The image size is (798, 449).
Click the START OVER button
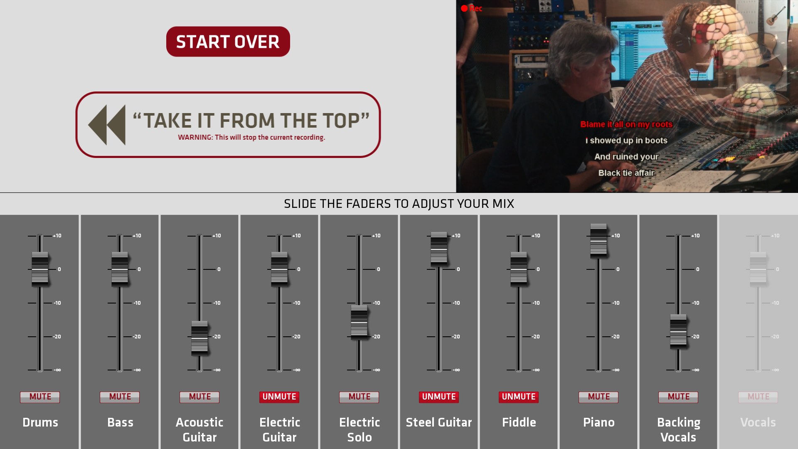(228, 42)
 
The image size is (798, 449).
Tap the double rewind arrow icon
(107, 125)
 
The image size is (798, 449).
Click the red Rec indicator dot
(464, 8)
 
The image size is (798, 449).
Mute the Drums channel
(40, 397)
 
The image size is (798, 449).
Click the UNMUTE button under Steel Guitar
(439, 397)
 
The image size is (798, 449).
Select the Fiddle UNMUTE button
(519, 397)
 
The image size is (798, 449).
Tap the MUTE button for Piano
(598, 397)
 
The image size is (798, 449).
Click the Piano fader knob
(598, 241)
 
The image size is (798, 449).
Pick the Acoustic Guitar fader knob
(199, 338)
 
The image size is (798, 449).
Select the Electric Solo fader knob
(359, 322)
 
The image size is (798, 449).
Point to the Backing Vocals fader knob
(678, 331)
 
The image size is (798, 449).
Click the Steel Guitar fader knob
(439, 249)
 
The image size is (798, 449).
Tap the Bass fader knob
(120, 269)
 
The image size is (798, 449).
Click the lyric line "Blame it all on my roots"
(626, 124)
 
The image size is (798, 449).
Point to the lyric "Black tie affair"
(626, 173)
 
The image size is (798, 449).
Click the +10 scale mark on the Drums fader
(57, 236)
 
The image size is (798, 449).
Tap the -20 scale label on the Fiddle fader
(536, 337)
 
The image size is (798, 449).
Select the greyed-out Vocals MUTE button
(758, 397)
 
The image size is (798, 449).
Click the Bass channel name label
(120, 422)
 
